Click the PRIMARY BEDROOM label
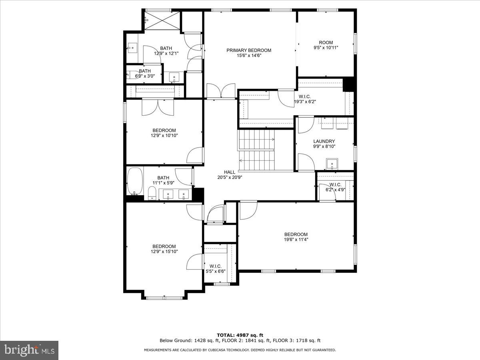[x=249, y=50]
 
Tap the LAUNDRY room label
[x=324, y=141]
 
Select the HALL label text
[x=230, y=172]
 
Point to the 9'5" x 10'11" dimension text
[x=326, y=48]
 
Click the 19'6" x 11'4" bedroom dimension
[x=296, y=240]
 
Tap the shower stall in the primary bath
[x=162, y=20]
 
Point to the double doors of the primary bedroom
[x=220, y=91]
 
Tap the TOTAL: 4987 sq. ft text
[x=240, y=335]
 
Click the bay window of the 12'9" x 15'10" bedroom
[x=164, y=298]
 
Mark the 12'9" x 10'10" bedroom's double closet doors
[x=158, y=107]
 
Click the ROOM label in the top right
[x=326, y=42]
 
